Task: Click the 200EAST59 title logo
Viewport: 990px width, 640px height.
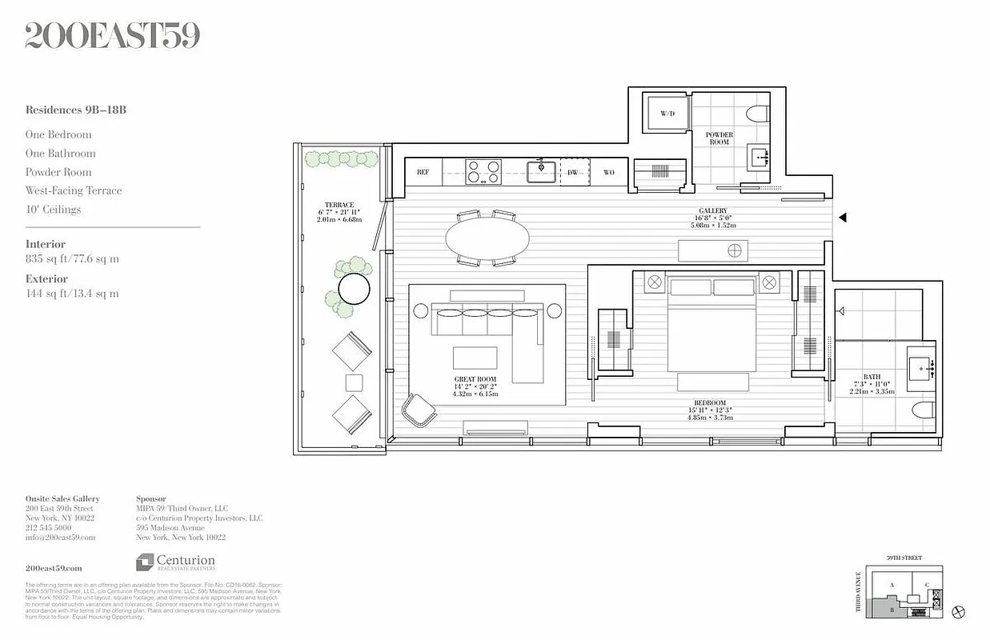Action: pos(112,36)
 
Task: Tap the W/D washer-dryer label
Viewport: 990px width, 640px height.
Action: pos(667,114)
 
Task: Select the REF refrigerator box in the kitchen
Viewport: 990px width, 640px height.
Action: pos(423,172)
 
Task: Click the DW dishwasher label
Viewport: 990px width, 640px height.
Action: pos(572,172)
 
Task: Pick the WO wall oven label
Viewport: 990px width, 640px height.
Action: pos(609,172)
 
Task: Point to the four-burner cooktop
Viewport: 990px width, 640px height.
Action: pos(483,172)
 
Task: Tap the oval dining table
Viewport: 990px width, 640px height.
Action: pos(487,238)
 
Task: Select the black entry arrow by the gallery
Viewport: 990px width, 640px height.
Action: pos(841,217)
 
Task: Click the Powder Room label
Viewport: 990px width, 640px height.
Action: pos(719,138)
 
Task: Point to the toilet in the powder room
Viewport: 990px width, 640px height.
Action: pos(757,114)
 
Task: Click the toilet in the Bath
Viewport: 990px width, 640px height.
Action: pos(923,411)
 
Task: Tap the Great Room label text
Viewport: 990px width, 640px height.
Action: pos(475,379)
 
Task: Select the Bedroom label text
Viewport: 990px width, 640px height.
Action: pos(710,402)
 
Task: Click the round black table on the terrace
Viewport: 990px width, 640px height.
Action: pos(354,288)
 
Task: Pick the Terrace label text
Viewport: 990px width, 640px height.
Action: pos(339,205)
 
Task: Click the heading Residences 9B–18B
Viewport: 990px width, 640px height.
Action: pos(75,110)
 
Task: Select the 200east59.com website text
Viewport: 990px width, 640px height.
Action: pos(54,567)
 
